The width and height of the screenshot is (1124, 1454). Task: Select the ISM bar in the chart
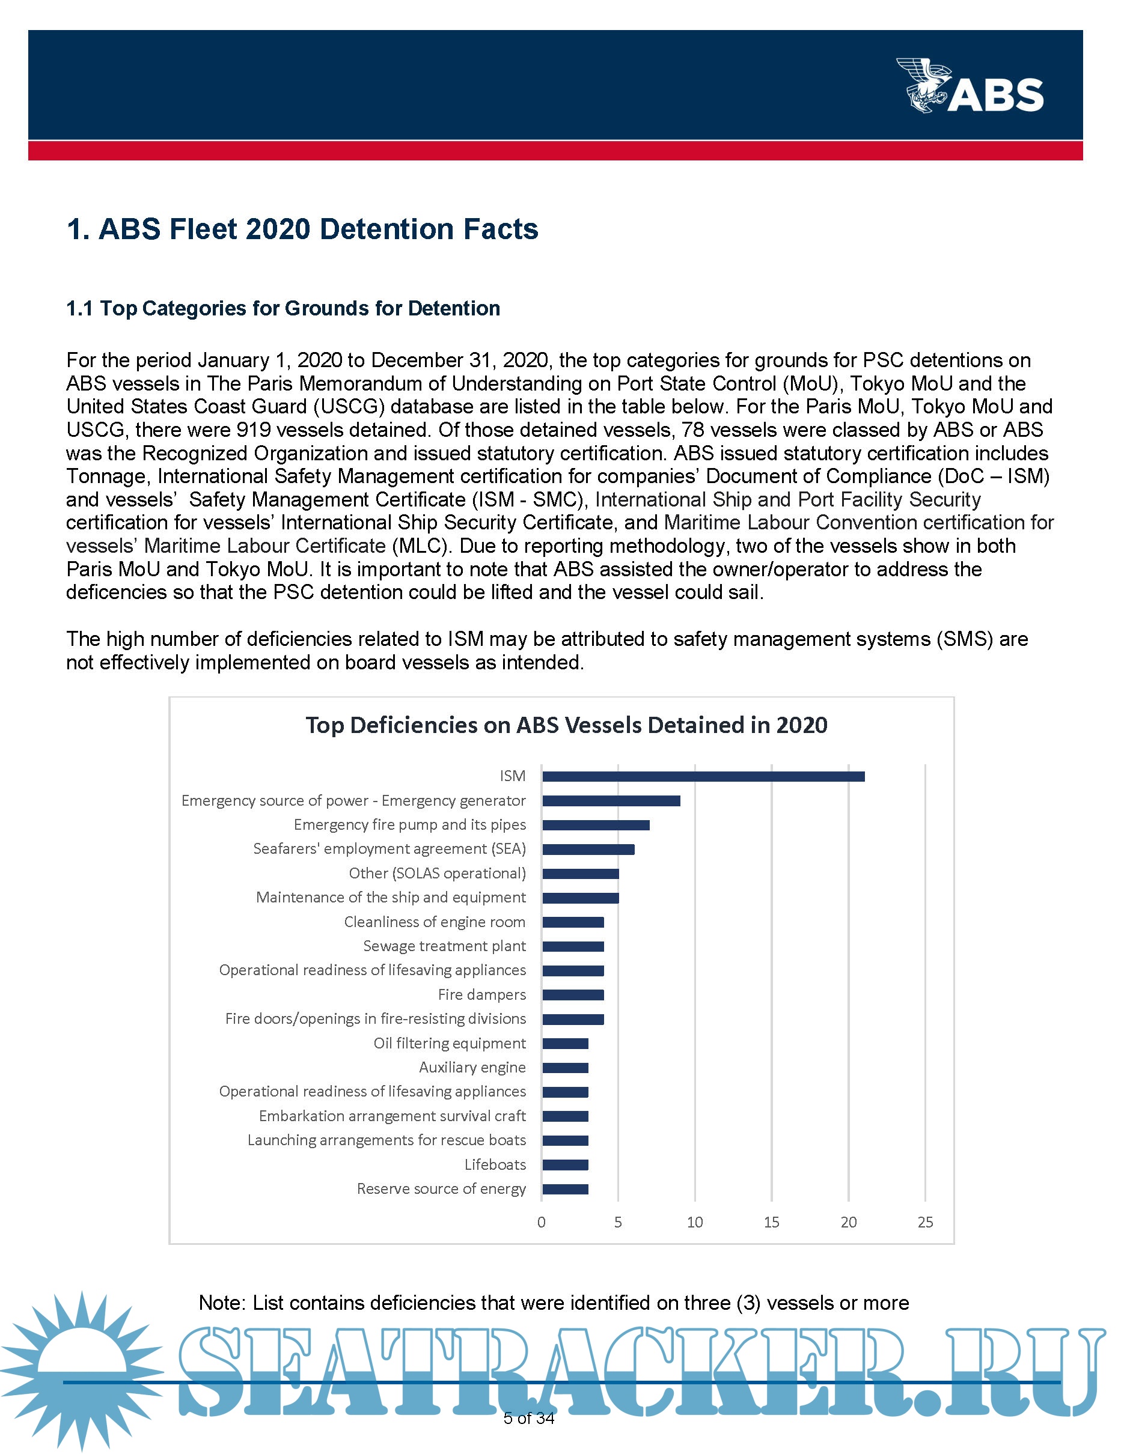tap(703, 776)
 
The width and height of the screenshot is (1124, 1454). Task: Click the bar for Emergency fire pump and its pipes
tap(595, 825)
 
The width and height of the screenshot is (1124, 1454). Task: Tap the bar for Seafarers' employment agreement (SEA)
tap(588, 850)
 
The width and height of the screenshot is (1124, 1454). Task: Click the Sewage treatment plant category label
tap(444, 946)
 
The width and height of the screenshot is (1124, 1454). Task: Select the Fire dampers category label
tap(481, 994)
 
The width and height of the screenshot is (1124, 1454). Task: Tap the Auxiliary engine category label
tap(472, 1067)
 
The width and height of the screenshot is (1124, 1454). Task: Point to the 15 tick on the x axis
tap(771, 1222)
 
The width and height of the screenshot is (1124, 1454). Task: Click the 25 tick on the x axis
tap(925, 1222)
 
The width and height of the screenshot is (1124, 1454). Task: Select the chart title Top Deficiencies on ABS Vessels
tap(566, 725)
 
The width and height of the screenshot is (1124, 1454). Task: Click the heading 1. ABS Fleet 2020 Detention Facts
tap(302, 229)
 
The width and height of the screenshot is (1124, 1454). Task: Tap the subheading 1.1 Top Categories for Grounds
tap(283, 308)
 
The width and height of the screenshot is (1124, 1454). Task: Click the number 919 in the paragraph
tap(253, 430)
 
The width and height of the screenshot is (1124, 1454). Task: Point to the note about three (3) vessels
tap(554, 1303)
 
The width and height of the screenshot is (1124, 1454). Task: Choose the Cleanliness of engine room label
tap(434, 922)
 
